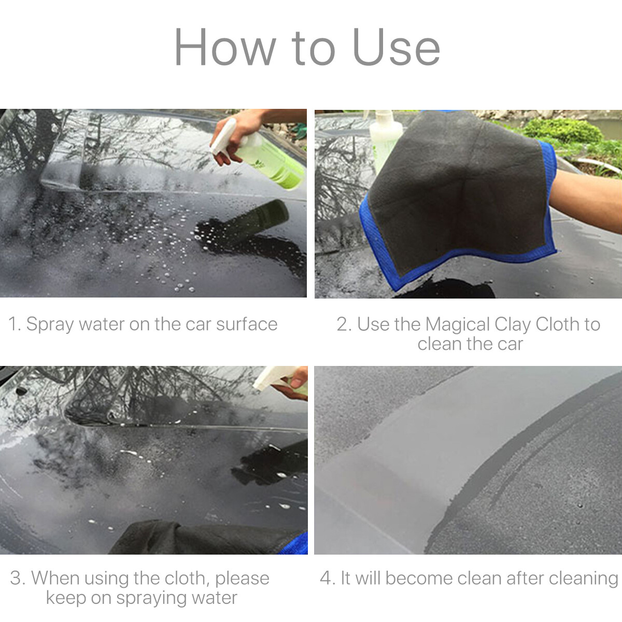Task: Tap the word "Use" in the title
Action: tap(396, 48)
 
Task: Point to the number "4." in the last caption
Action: tap(327, 578)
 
